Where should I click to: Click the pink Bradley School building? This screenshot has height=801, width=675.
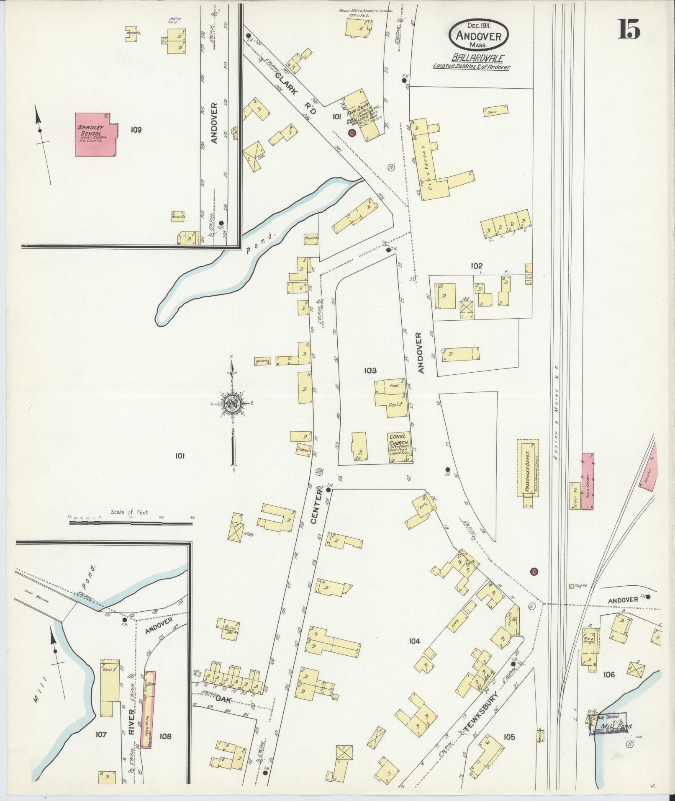[x=95, y=134]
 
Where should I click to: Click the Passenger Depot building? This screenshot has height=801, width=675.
[x=528, y=467]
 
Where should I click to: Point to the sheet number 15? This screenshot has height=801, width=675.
[x=629, y=29]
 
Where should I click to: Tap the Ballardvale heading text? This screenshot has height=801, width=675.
[x=472, y=58]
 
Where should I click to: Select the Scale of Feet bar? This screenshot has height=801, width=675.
[x=131, y=522]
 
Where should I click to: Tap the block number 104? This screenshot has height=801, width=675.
[x=414, y=641]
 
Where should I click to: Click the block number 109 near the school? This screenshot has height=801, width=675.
[x=136, y=130]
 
